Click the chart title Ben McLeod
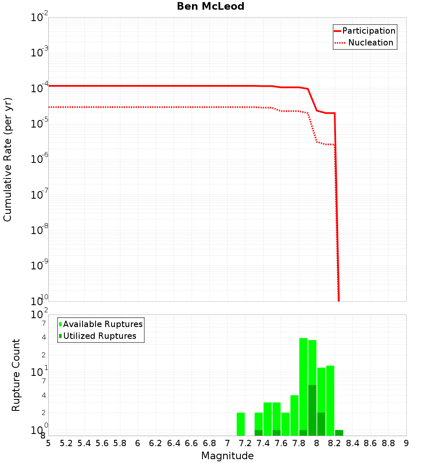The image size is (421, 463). click(210, 6)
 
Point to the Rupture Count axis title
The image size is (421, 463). click(16, 375)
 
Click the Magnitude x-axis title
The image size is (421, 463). click(227, 456)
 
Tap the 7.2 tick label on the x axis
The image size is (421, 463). click(245, 444)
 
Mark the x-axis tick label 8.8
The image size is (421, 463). click(388, 444)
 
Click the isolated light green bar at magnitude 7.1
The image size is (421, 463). click(241, 424)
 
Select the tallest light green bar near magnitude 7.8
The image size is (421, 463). click(304, 386)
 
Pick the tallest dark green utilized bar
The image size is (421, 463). click(312, 410)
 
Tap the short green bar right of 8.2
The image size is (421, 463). click(339, 433)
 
